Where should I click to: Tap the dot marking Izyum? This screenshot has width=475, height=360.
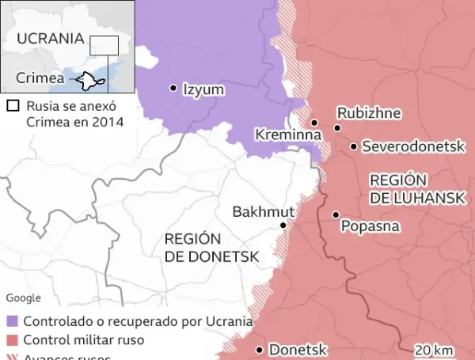click(x=173, y=89)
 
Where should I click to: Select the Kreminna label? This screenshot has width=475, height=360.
click(x=288, y=135)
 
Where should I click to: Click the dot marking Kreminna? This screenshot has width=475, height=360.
click(x=314, y=123)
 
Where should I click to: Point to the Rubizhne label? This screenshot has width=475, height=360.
click(x=367, y=113)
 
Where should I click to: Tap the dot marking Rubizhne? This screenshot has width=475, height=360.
click(x=337, y=127)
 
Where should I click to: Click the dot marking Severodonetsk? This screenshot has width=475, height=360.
click(x=353, y=146)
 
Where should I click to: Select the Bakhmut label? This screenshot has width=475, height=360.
click(x=263, y=211)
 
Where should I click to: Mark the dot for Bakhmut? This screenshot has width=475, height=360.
click(x=283, y=225)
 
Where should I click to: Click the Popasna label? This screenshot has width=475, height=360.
click(x=370, y=226)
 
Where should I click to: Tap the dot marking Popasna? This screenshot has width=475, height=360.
click(x=336, y=214)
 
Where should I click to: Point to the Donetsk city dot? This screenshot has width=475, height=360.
click(x=259, y=349)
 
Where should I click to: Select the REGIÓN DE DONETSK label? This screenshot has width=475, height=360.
click(x=201, y=248)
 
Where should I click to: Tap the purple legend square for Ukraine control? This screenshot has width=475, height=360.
click(x=12, y=322)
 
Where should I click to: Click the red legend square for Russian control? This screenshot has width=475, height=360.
click(x=12, y=340)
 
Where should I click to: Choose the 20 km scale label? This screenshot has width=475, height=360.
click(x=434, y=350)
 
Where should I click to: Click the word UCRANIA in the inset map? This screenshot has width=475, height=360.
click(x=50, y=38)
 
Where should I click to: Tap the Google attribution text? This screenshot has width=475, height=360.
click(x=23, y=297)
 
